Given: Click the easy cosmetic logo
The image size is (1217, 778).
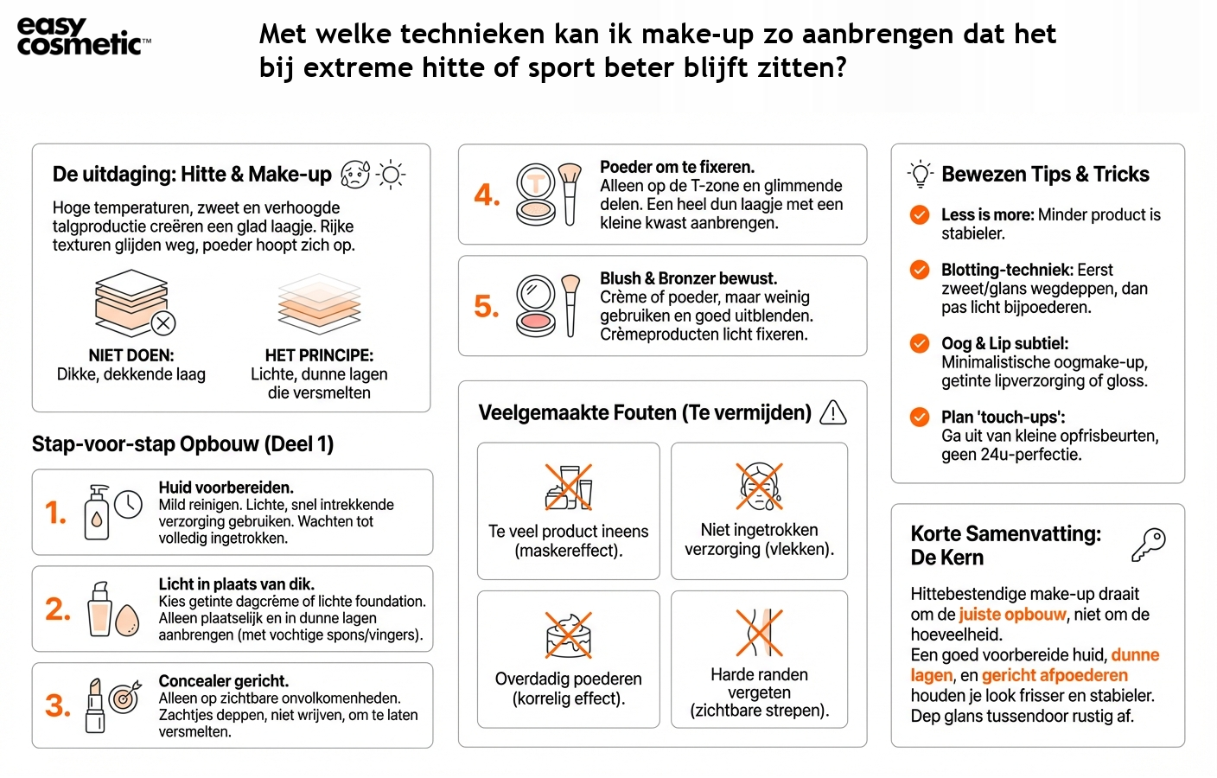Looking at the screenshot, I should pos(83,36).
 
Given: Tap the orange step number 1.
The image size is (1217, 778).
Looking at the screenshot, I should pos(55,513).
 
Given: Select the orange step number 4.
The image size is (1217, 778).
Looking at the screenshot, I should pos(487,195).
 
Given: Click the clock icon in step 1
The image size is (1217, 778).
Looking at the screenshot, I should pos(128,504).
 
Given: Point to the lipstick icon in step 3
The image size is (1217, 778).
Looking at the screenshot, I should pos(95,705).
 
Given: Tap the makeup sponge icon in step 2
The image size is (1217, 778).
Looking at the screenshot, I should pos(127,619).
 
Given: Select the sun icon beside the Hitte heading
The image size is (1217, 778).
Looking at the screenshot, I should pos(391,175).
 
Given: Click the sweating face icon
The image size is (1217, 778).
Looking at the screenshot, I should pos(354,175).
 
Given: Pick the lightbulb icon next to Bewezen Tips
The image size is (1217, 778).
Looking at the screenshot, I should pos(921,175).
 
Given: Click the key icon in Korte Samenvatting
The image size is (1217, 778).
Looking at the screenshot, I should pos(1149,545).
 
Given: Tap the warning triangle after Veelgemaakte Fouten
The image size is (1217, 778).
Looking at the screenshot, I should pos(832,413).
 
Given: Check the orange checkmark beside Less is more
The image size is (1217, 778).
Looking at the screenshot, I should pos(920,215).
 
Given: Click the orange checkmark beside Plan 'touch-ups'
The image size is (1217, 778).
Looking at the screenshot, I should pos(920,418).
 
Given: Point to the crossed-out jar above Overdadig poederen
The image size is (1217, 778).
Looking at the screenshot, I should pos(568,635).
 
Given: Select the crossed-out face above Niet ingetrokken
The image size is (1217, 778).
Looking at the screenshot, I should pos(759,486).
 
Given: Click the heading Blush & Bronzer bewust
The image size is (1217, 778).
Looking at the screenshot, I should pos(688,278).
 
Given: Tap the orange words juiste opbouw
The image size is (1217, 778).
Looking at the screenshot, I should pos(1012,615).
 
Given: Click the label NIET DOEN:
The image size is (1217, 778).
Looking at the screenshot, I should pos(131,355).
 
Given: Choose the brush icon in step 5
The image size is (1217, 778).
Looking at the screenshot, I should pos(570,304).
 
